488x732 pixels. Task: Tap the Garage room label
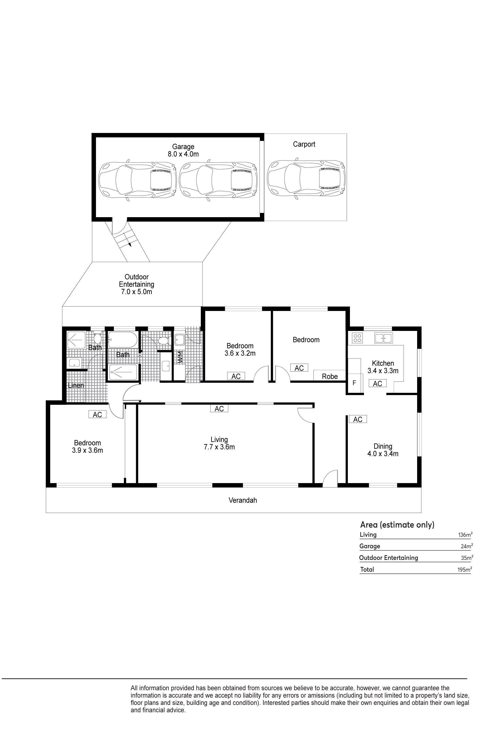[183, 147]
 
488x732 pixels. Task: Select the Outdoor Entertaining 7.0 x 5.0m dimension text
[137, 292]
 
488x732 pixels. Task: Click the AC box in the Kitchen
[378, 383]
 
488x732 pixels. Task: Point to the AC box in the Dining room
[358, 419]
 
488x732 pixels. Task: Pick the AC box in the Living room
[219, 408]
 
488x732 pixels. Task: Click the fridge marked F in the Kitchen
[354, 383]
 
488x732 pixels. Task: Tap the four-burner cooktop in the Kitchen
[357, 338]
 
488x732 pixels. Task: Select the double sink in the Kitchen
[383, 338]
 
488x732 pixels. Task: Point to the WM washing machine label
[180, 357]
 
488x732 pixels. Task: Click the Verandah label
[243, 500]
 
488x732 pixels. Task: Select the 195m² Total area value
[465, 569]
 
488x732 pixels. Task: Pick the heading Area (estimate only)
[397, 525]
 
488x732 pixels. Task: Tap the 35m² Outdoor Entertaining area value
[467, 558]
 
